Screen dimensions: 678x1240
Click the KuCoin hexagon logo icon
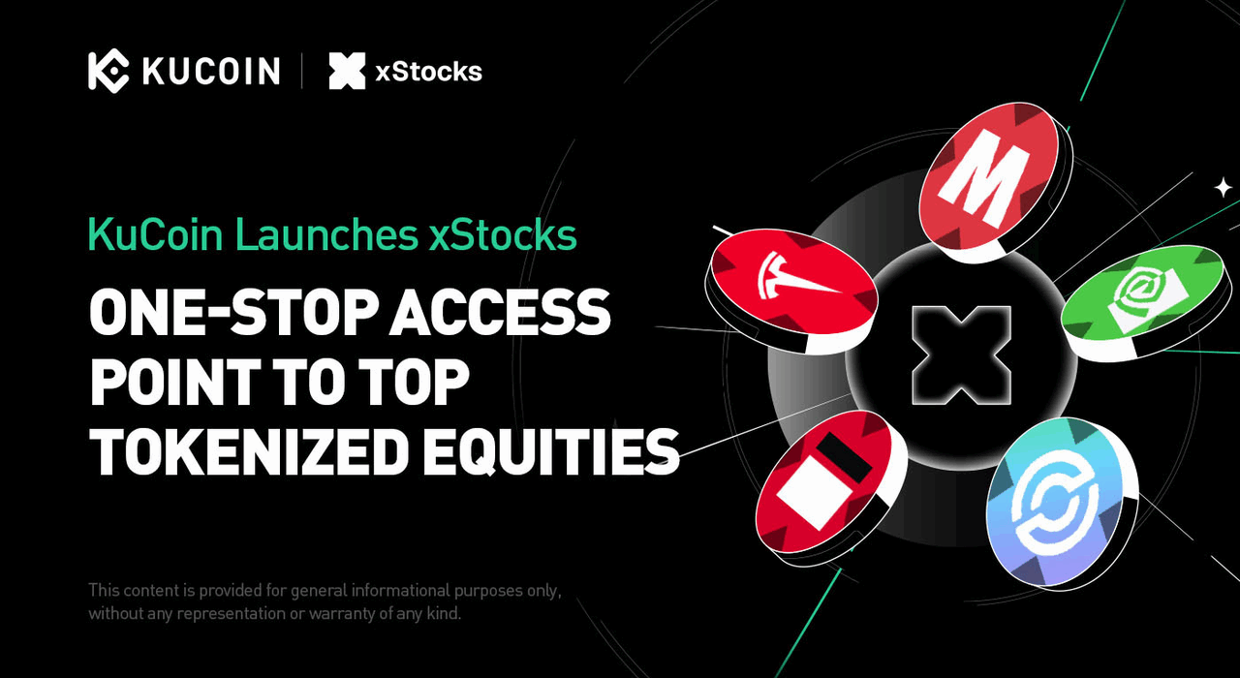[x=108, y=71]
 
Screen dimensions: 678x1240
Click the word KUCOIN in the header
[x=210, y=72]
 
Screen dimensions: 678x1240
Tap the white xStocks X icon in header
[x=347, y=72]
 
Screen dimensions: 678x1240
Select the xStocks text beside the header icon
[x=427, y=72]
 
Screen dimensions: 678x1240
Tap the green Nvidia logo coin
[x=1147, y=296]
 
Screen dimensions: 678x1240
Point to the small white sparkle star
[x=1224, y=187]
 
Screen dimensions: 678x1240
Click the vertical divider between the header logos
[x=302, y=72]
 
